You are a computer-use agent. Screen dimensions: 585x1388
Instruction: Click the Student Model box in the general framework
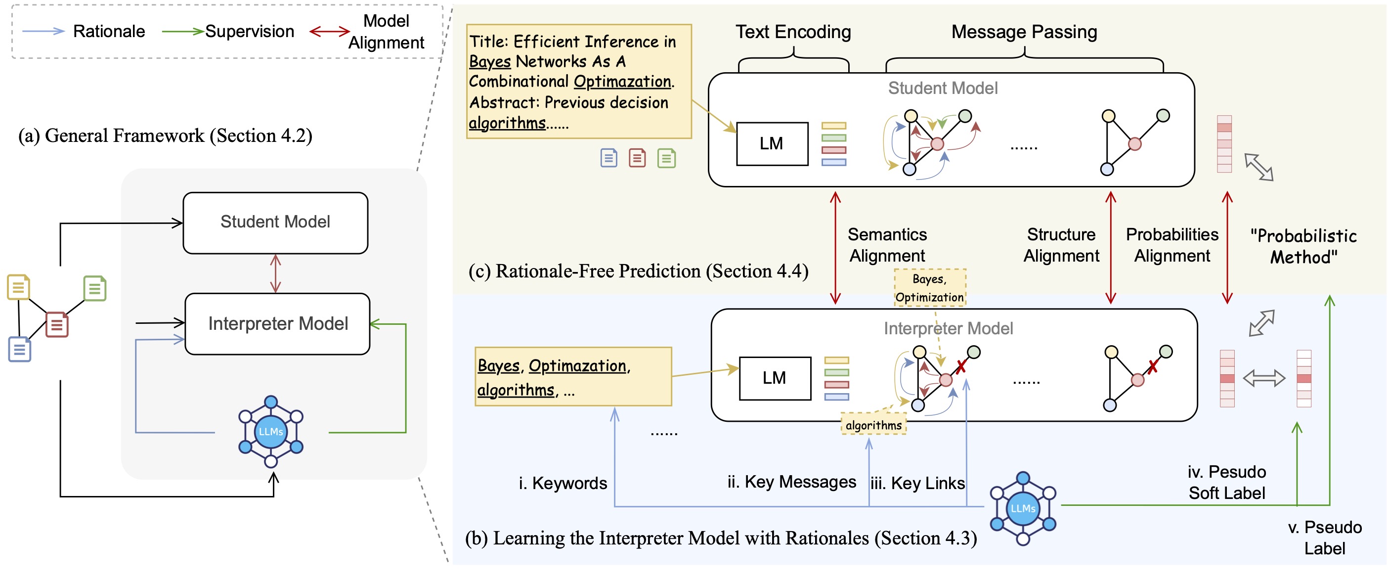coord(275,223)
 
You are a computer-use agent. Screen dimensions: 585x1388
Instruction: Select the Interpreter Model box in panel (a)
coord(277,323)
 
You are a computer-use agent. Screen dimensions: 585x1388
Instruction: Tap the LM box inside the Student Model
coord(772,143)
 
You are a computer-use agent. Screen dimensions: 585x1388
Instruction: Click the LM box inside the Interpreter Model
coord(774,378)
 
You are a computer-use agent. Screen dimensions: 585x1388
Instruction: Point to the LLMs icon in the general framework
coord(271,431)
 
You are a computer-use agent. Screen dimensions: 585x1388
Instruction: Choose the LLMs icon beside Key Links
coord(1023,508)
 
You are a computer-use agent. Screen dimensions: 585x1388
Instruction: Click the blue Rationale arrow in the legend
coord(43,31)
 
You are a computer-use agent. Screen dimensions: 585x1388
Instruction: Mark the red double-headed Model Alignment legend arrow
coord(330,31)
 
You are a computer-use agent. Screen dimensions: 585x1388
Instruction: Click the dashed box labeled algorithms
coord(873,425)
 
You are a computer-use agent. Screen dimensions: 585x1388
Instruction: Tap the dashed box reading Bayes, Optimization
coord(929,288)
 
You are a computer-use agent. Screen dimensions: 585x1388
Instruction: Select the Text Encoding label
coord(793,32)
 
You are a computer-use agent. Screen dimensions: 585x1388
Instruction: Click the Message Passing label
coord(1024,32)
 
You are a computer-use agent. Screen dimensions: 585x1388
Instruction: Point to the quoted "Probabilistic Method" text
coord(1303,246)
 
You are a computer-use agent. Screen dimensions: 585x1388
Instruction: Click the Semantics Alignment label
coord(887,245)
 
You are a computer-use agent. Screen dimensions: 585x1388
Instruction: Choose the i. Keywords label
coord(563,483)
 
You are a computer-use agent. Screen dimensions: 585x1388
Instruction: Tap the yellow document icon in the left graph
coord(18,287)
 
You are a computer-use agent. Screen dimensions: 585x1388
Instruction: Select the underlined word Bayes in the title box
coord(489,61)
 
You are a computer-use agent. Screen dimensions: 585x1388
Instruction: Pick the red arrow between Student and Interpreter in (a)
coord(275,273)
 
